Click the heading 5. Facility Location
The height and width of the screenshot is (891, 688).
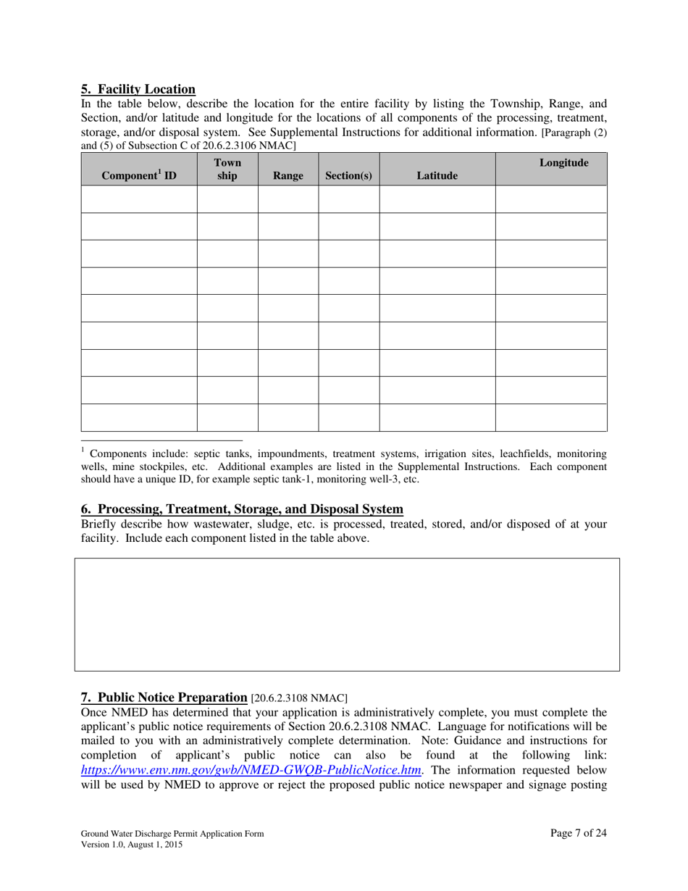138,89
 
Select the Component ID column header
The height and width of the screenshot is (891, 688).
139,175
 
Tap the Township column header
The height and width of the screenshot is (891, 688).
227,170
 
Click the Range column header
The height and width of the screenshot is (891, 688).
288,175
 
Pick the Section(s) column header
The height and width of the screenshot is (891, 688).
348,175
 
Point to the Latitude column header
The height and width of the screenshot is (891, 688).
437,175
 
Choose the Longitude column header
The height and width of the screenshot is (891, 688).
563,163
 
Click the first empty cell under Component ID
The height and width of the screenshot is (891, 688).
139,198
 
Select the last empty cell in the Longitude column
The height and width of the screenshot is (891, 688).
551,418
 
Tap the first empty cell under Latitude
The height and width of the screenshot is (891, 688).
437,198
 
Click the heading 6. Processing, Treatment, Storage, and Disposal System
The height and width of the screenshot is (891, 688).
242,509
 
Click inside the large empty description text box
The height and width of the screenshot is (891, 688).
346,614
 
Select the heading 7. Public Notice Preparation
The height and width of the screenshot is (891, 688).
164,698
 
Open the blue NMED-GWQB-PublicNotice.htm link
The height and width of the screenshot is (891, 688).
251,770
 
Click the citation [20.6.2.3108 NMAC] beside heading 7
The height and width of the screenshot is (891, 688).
299,698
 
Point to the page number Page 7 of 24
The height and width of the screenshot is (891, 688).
578,833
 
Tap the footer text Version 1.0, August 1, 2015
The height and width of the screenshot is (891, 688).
132,845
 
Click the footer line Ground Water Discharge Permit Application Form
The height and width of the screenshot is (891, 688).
172,834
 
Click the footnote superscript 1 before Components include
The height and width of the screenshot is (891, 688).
83,451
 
